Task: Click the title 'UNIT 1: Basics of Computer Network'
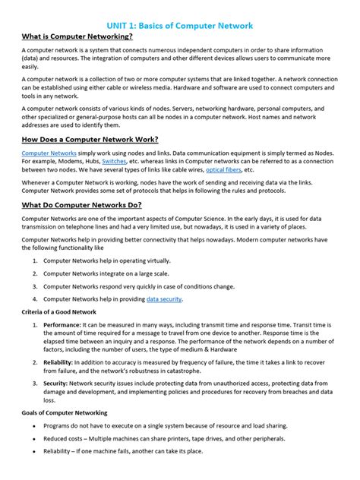pyautogui.click(x=180, y=25)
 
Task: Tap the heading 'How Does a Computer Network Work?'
pyautogui.click(x=90, y=139)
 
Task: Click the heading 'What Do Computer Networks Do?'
pyautogui.click(x=81, y=205)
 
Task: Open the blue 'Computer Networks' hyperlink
pyautogui.click(x=49, y=153)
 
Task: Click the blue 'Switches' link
pyautogui.click(x=114, y=163)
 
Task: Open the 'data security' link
pyautogui.click(x=164, y=299)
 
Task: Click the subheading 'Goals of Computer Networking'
pyautogui.click(x=65, y=412)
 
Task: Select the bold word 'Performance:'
pyautogui.click(x=62, y=324)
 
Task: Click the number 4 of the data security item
pyautogui.click(x=34, y=299)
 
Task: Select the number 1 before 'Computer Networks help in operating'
pyautogui.click(x=34, y=261)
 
